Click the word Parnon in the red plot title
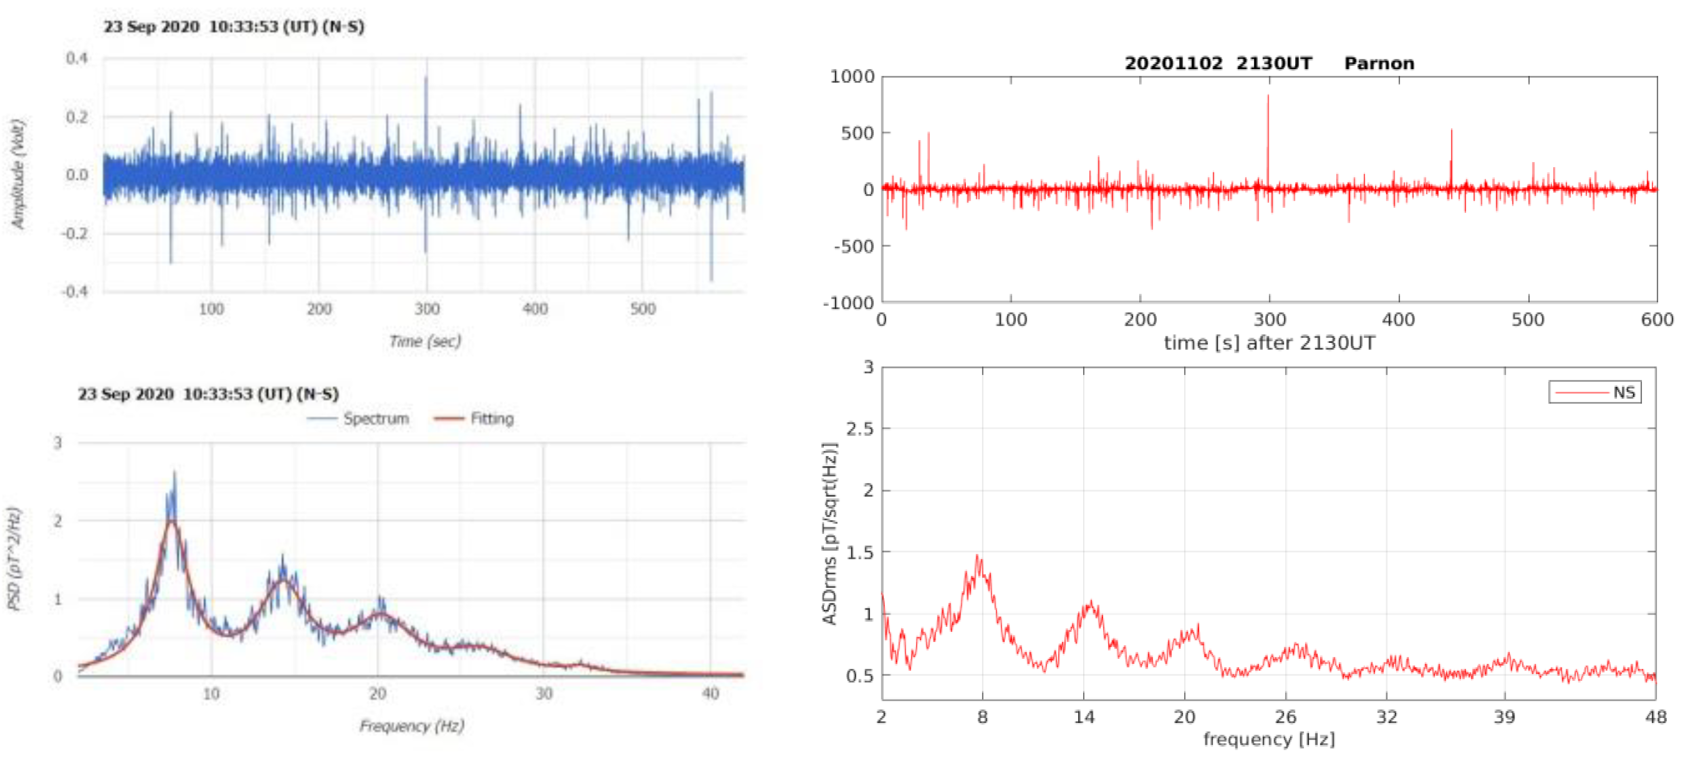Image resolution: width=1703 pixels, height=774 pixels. click(x=1378, y=64)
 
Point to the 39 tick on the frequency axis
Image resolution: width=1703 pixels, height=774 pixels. click(x=1504, y=716)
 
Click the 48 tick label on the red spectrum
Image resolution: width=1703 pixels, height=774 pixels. click(x=1656, y=716)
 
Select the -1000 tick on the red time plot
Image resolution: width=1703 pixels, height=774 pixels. click(x=848, y=303)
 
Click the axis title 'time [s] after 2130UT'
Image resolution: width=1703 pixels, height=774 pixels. click(x=1269, y=343)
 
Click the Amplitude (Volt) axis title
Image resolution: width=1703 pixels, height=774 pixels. click(x=18, y=174)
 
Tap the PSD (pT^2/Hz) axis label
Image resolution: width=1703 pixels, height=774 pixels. click(x=15, y=558)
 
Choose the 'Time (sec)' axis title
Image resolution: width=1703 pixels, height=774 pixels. click(x=425, y=341)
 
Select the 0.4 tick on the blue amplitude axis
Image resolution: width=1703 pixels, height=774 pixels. click(x=76, y=58)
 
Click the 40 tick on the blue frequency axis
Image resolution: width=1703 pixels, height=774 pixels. click(x=710, y=693)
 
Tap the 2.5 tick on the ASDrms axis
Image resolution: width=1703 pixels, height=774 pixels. click(x=859, y=429)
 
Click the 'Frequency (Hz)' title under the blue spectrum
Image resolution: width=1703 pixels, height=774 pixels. click(x=411, y=726)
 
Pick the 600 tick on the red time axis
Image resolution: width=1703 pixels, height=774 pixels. click(x=1656, y=320)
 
